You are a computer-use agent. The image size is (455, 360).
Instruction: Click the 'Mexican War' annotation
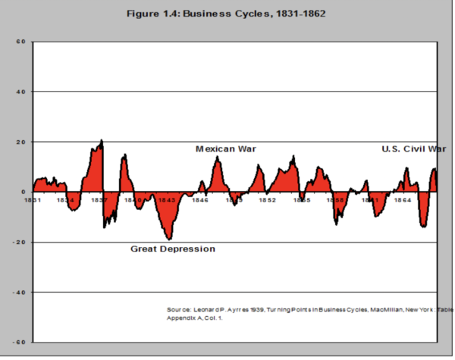coord(226,149)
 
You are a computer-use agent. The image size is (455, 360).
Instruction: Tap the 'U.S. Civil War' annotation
coord(414,149)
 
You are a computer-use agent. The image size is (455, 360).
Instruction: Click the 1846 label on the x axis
coord(200,201)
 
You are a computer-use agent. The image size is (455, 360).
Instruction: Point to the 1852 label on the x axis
coord(266,201)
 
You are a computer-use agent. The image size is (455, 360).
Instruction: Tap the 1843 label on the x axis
coord(166,201)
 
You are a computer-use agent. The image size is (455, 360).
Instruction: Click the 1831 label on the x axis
coord(33,201)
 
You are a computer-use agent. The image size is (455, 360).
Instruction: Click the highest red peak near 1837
coord(101,141)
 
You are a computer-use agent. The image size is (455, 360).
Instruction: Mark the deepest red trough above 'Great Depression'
coord(168,239)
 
